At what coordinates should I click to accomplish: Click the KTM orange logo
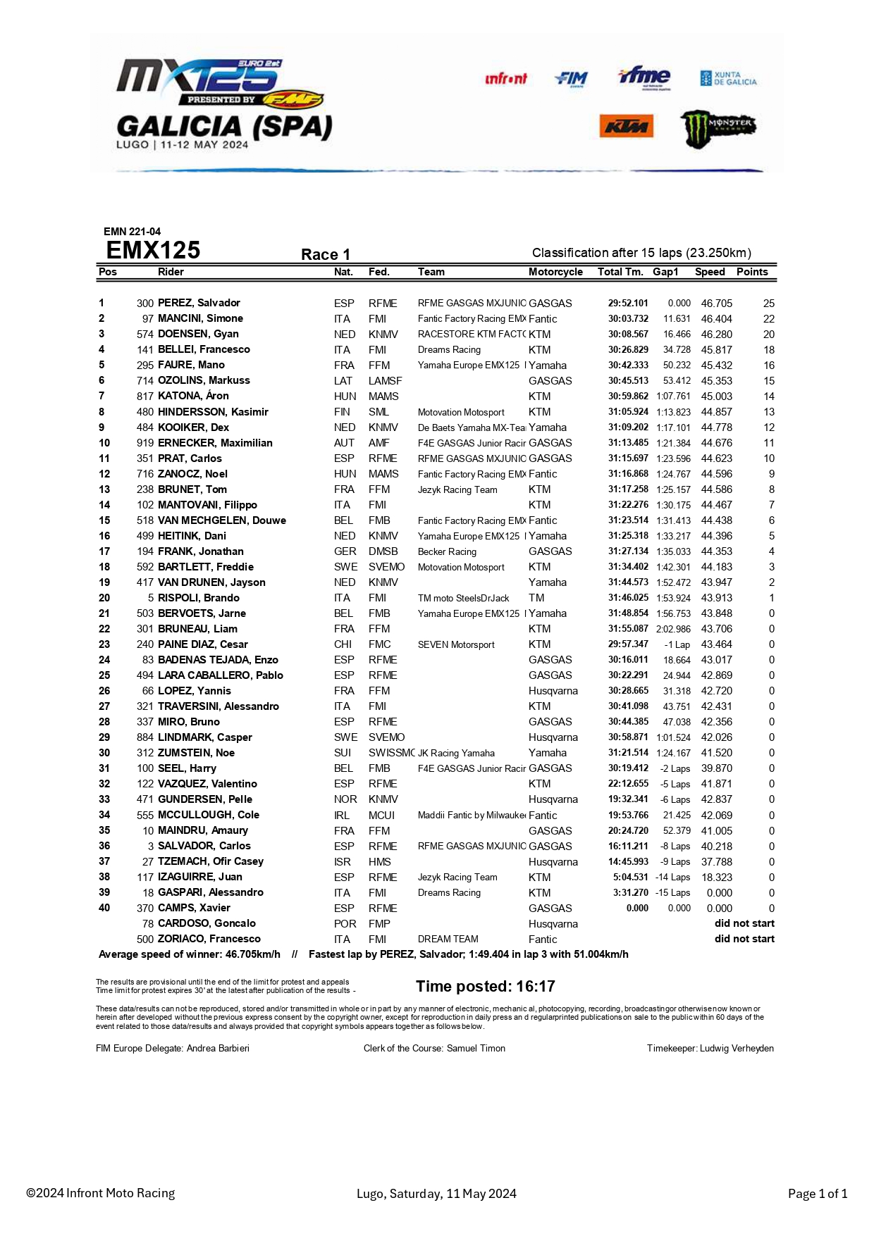click(626, 127)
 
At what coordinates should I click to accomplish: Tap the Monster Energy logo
click(718, 128)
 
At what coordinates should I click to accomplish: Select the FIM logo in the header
click(571, 78)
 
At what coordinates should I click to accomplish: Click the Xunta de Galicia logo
click(728, 78)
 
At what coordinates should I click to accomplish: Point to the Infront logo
click(505, 79)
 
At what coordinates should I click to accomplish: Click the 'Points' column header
click(752, 272)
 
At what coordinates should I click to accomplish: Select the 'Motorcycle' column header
click(555, 272)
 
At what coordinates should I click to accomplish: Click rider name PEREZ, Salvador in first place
click(199, 303)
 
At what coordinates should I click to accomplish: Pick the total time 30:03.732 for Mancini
click(628, 319)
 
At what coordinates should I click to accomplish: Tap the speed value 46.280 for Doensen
click(716, 335)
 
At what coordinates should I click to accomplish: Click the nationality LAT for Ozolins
click(343, 381)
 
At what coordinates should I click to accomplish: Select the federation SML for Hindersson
click(378, 412)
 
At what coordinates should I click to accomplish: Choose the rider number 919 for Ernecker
click(145, 443)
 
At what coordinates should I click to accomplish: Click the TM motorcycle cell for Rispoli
click(536, 598)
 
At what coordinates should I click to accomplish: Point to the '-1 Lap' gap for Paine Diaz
click(677, 644)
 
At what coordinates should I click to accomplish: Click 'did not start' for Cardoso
click(744, 923)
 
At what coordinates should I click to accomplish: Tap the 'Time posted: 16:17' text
click(485, 986)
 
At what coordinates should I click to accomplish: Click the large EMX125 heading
click(153, 251)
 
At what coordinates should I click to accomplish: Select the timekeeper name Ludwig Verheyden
click(737, 1049)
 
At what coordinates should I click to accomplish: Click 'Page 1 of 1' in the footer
click(817, 1194)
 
